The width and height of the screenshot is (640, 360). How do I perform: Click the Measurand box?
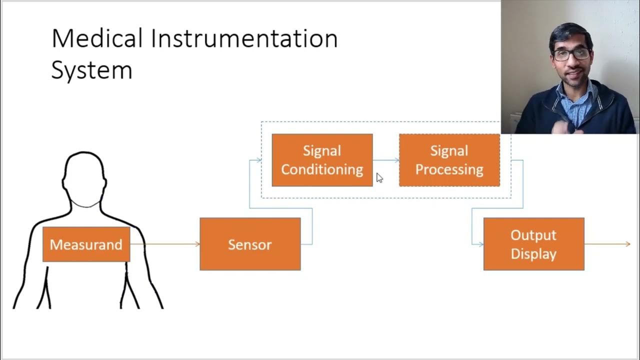tap(86, 244)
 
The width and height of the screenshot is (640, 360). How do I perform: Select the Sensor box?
tap(250, 244)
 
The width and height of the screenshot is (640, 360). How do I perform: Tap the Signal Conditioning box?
tap(322, 160)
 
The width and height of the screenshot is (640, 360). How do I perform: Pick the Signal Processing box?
tap(449, 160)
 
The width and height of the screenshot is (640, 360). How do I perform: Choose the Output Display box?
tap(533, 244)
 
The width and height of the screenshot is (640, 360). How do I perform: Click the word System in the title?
tap(91, 70)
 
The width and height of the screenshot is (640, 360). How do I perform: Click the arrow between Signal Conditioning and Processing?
tap(386, 160)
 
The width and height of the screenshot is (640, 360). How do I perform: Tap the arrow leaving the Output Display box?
tap(607, 244)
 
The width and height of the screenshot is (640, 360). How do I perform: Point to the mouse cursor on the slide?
tap(379, 177)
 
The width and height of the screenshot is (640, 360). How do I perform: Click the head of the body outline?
tap(84, 172)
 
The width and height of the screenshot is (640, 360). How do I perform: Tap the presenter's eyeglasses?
tap(570, 54)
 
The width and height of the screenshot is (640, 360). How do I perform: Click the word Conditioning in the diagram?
tap(322, 169)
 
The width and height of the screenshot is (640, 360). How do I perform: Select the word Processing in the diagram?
tap(449, 169)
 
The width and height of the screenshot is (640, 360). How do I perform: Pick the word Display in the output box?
tap(533, 253)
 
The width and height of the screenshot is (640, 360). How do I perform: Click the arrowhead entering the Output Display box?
tap(481, 244)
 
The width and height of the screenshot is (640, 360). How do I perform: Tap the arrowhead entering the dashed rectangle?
tap(259, 160)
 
